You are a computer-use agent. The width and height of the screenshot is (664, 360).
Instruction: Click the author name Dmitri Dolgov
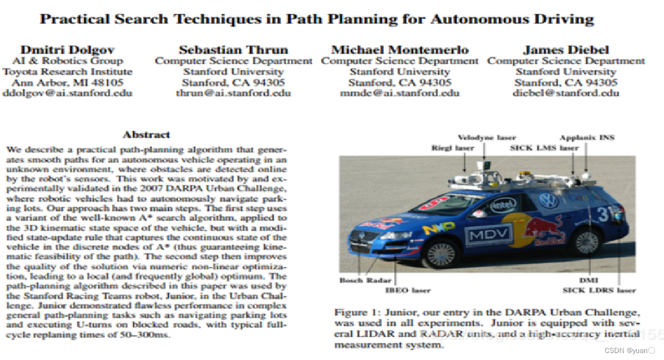(x=67, y=49)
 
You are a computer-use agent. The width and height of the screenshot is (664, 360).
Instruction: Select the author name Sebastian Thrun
(x=233, y=49)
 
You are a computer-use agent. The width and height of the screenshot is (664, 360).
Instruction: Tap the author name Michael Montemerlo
(x=400, y=49)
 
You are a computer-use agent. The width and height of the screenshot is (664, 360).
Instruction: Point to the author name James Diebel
(x=566, y=49)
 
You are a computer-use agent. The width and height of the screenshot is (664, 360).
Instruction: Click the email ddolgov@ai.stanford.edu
(x=67, y=93)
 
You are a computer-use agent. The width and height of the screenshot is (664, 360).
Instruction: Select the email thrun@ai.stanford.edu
(x=234, y=93)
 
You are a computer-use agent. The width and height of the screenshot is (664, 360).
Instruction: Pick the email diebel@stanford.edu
(x=566, y=93)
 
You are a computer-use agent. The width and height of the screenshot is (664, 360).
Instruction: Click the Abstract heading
(x=146, y=135)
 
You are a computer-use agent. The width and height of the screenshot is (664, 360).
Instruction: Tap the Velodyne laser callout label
(x=487, y=138)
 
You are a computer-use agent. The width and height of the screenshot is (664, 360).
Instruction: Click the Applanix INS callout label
(x=587, y=138)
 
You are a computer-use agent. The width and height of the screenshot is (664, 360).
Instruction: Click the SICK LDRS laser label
(x=599, y=290)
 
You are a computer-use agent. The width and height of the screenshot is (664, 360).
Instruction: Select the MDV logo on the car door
(x=489, y=234)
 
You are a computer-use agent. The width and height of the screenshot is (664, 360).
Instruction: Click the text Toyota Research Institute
(x=67, y=71)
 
